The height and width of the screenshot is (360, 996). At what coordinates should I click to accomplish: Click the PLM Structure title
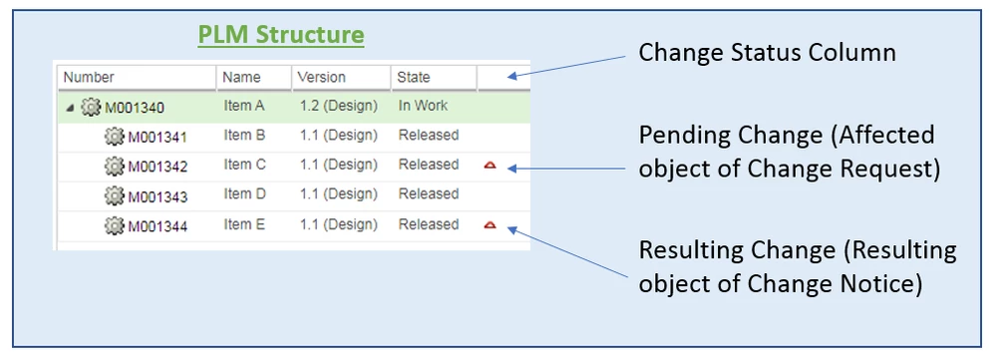tap(281, 36)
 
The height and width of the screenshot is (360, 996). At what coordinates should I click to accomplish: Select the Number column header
tap(89, 77)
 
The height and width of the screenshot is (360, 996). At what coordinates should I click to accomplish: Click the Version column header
tap(322, 77)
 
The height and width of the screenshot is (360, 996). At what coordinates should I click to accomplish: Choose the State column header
tap(413, 77)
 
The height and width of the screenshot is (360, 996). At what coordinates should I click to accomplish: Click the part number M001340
tap(135, 107)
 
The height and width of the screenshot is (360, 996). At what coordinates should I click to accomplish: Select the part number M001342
tap(157, 166)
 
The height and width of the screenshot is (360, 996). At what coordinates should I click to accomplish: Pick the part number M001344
tap(157, 225)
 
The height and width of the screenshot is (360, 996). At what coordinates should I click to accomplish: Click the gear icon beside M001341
tap(114, 137)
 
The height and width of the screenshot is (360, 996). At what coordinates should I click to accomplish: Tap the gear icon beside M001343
tap(114, 195)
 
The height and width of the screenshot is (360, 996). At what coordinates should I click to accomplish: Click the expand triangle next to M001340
tap(69, 107)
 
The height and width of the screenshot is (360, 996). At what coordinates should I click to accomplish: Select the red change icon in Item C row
tap(490, 166)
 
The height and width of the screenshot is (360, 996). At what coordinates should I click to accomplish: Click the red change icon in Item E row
tap(490, 225)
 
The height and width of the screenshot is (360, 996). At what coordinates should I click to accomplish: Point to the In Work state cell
tap(423, 106)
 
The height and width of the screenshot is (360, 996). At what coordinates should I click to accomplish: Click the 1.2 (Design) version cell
tap(338, 106)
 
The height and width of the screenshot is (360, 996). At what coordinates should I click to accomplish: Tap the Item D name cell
tap(244, 194)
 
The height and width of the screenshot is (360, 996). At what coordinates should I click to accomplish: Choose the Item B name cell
tap(244, 136)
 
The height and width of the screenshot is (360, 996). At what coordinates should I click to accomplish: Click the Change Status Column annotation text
tap(767, 53)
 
